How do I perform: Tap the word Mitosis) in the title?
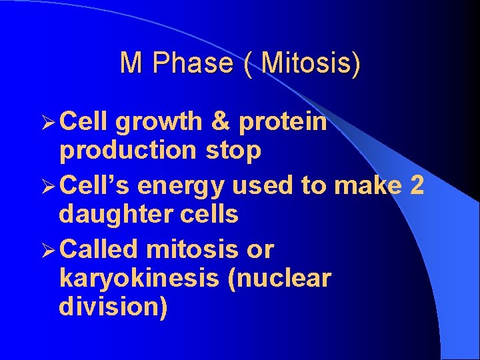coord(311,63)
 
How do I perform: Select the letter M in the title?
coord(131,63)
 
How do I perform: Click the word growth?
coord(158,122)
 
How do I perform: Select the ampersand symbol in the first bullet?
coord(221,122)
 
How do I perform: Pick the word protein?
coord(283,122)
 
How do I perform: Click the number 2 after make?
coord(417,185)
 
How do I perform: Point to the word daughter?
coord(113,215)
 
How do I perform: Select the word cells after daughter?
coord(206,215)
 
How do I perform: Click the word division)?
coord(113,307)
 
